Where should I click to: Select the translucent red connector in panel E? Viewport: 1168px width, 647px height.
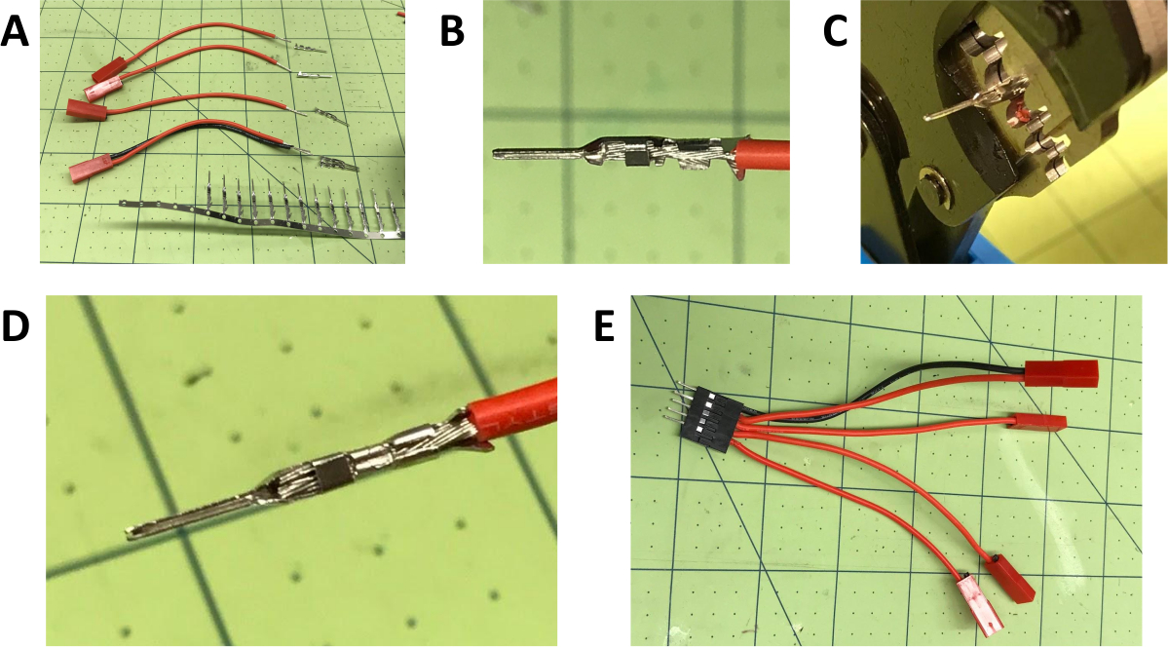coord(977,601)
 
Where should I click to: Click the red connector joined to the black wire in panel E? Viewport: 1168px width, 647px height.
coord(1062,373)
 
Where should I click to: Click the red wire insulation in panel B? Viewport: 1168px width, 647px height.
coord(761,154)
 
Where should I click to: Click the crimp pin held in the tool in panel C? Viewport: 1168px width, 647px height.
coord(968,103)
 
